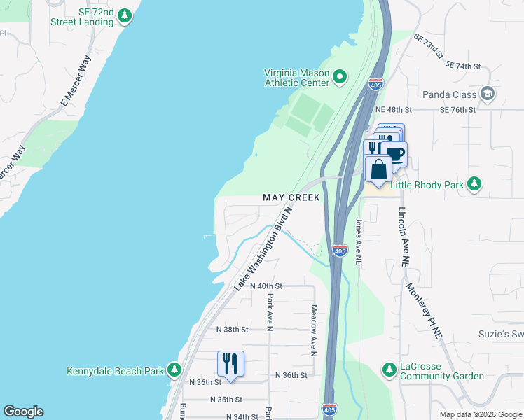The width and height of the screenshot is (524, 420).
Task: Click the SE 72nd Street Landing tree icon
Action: (x=125, y=15)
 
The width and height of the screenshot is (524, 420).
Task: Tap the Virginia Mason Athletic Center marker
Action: (x=340, y=76)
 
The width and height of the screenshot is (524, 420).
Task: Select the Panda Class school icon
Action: (x=488, y=94)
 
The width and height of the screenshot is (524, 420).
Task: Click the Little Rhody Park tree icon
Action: (x=474, y=184)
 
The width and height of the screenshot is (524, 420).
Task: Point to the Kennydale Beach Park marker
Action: (x=174, y=370)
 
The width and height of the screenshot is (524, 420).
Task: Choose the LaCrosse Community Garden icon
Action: (x=389, y=369)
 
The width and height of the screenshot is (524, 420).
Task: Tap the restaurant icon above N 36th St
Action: (x=230, y=363)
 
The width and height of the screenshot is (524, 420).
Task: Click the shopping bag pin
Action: (x=378, y=169)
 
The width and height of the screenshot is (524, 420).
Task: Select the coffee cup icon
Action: (x=395, y=154)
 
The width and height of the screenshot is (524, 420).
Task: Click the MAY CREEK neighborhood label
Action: (x=291, y=197)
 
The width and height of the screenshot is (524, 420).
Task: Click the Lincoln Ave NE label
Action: (x=404, y=237)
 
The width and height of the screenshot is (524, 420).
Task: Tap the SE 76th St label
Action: (x=457, y=110)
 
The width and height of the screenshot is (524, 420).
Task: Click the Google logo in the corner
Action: (x=23, y=412)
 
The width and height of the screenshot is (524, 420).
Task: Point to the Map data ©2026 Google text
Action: (x=479, y=414)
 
